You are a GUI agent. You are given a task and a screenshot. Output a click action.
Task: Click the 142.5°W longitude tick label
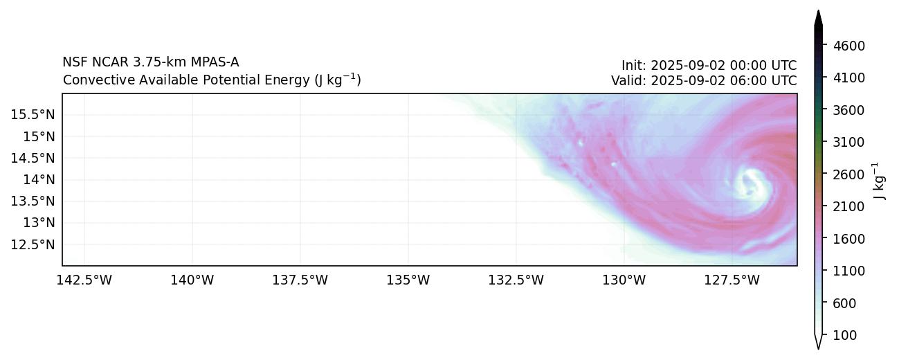[84, 280]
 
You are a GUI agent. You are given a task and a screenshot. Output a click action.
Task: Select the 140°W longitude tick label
[192, 280]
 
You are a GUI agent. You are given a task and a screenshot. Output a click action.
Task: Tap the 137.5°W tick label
[300, 280]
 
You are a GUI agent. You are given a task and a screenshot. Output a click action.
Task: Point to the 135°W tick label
[408, 280]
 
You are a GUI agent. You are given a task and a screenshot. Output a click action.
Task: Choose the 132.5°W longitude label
[516, 280]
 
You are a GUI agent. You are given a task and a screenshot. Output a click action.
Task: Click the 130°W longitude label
[624, 280]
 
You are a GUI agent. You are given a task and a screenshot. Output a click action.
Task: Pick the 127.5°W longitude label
[732, 280]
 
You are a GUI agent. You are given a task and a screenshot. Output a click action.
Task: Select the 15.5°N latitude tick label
[33, 114]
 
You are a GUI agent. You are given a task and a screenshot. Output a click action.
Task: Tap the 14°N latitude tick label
[38, 179]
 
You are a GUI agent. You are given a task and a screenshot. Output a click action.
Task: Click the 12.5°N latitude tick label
[33, 244]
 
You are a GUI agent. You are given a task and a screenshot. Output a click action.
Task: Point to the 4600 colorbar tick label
[850, 46]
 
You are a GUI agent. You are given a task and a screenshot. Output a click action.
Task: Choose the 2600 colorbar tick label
[850, 174]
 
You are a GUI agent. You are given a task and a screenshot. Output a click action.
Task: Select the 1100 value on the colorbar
[850, 271]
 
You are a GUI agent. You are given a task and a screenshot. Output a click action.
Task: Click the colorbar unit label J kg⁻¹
[880, 181]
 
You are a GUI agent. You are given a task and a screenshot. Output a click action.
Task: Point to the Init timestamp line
[709, 66]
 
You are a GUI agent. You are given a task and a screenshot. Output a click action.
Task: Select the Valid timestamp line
[703, 80]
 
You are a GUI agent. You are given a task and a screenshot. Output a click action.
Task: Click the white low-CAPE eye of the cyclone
[750, 183]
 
